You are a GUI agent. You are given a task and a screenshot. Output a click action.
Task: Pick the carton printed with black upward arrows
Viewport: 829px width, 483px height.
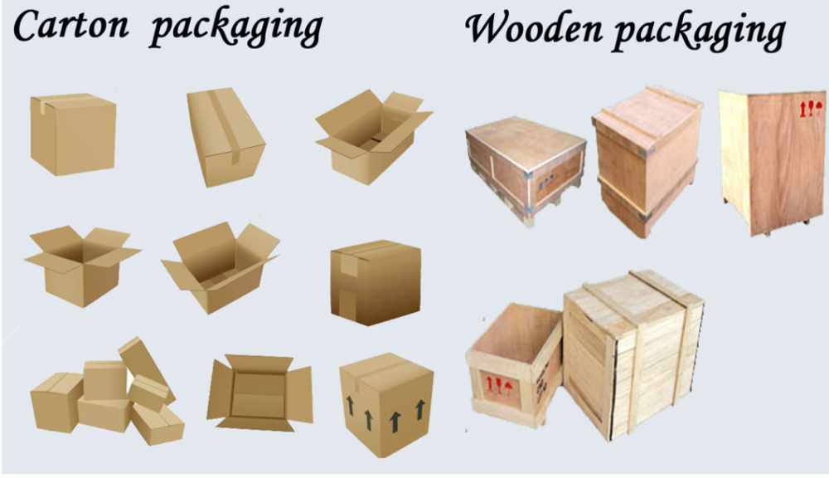(386, 407)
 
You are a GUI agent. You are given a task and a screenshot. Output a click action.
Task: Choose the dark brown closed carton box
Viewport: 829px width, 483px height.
(375, 281)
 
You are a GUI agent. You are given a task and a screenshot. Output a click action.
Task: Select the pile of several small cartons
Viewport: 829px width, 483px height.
(108, 394)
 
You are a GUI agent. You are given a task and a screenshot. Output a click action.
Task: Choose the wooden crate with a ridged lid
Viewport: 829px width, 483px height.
(646, 158)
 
